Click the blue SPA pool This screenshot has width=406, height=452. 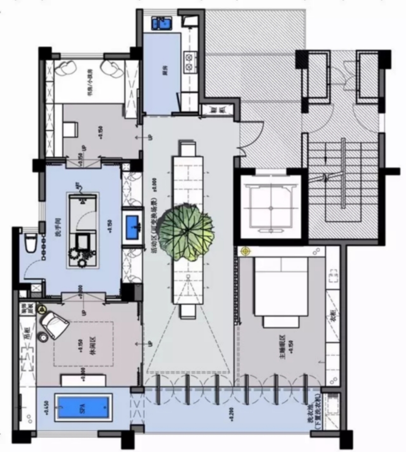coord(83,408)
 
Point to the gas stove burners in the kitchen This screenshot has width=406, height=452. coord(190,62)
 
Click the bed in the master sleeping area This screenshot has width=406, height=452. coord(281,287)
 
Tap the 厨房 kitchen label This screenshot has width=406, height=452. coord(165,70)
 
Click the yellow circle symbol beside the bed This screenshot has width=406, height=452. coord(246,251)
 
